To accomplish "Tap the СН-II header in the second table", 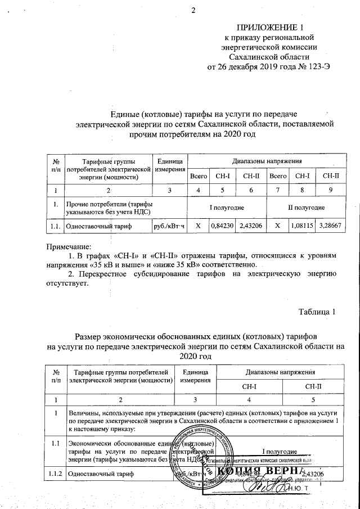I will coord(312,387).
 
